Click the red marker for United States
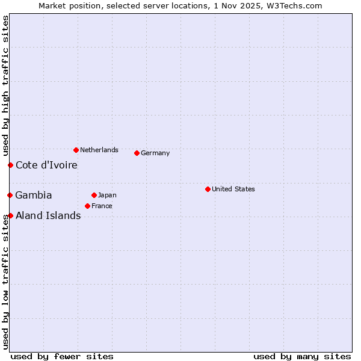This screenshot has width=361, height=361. pos(208,189)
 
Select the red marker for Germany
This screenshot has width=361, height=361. pos(137,153)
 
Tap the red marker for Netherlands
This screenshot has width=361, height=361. pos(76,150)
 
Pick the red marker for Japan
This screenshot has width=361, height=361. pos(94,195)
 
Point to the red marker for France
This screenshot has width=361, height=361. pos(87,206)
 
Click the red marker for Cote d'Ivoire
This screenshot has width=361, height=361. pos(10,165)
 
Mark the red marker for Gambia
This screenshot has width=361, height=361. pos(10,195)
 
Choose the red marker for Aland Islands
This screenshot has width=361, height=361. pos(10,215)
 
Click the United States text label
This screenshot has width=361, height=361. pos(233,189)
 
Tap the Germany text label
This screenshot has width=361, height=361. pos(155,153)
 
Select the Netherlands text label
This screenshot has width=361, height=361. pos(99,150)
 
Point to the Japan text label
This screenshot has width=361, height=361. pos(107,195)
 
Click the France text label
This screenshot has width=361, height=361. pos(102,206)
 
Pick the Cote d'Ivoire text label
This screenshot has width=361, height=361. pos(46,165)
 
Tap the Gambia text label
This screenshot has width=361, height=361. pos(34,195)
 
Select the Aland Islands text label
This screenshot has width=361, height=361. pos(48,215)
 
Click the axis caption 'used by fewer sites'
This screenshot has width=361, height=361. pos(62,356)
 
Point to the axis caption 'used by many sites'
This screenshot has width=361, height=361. pos(302,356)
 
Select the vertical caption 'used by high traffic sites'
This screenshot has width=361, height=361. pos(5,85)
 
